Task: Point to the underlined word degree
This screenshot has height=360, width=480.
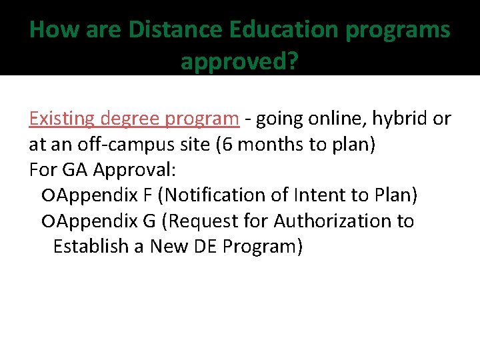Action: pos(133,119)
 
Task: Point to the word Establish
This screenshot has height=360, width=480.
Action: pos(90,246)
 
